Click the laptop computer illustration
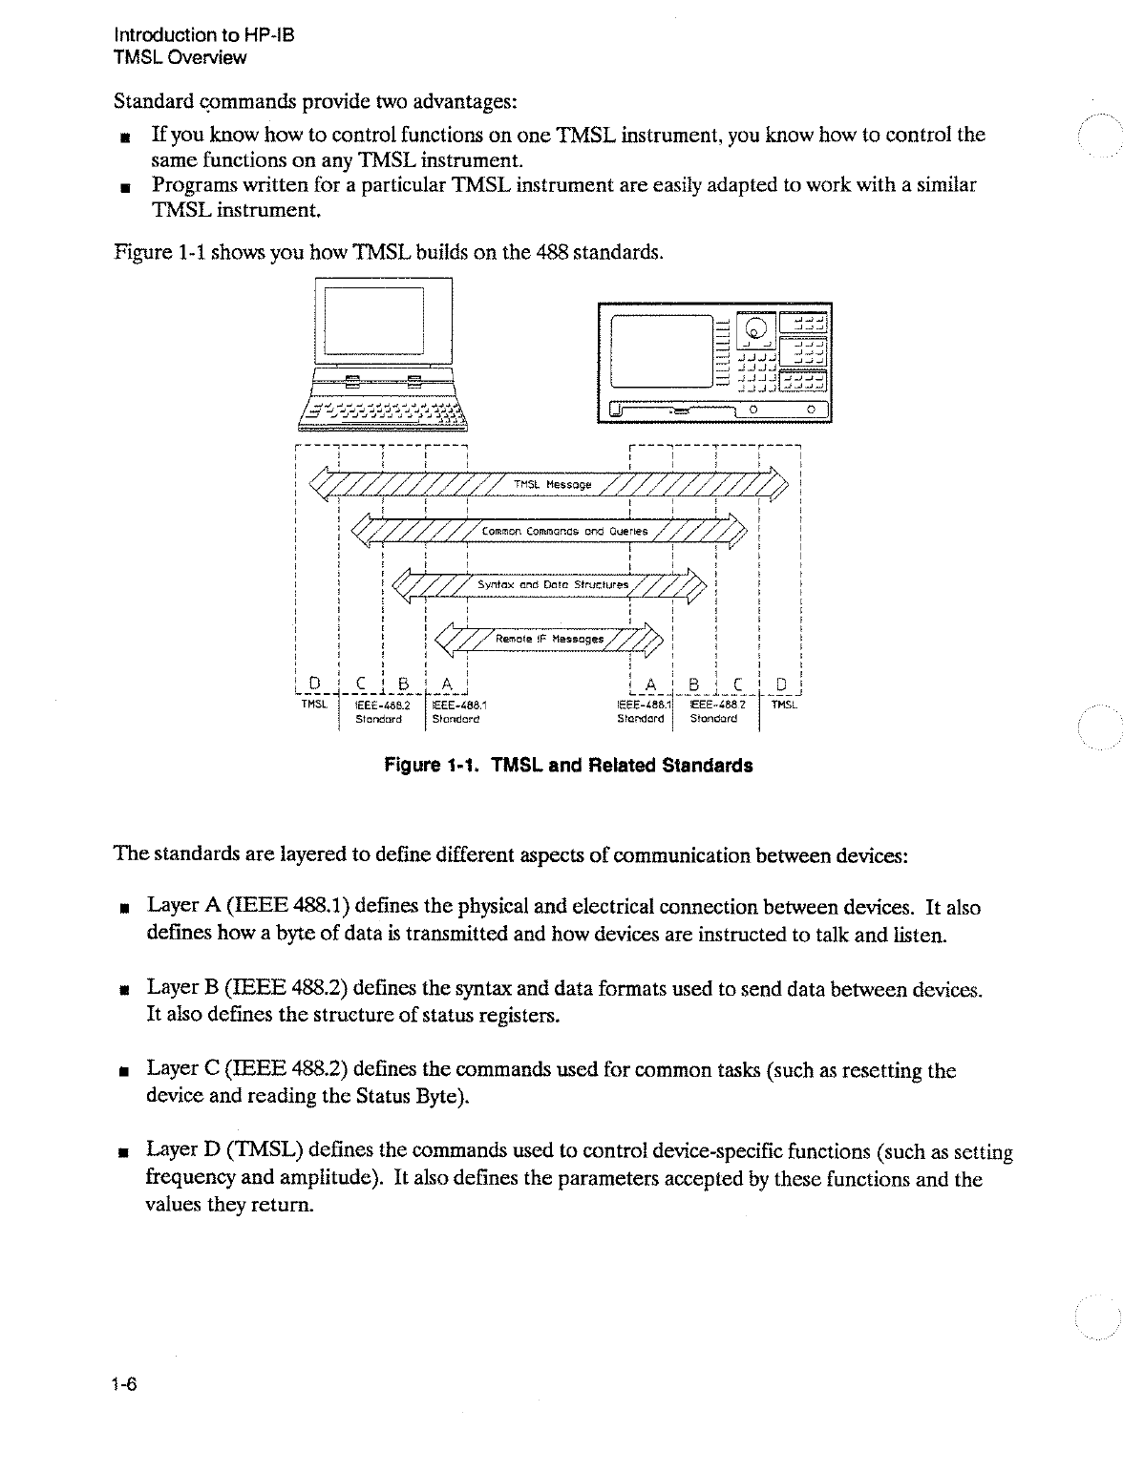(x=383, y=354)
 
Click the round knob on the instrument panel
(x=756, y=329)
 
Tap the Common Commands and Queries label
(x=564, y=531)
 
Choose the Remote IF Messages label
(x=549, y=639)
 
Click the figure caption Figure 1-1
(x=567, y=766)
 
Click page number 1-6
(x=125, y=1385)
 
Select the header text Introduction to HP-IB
(x=204, y=35)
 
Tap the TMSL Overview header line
(x=180, y=57)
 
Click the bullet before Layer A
(x=124, y=908)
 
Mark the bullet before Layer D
(x=124, y=1152)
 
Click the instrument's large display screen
(x=663, y=350)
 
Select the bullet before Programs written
(x=124, y=184)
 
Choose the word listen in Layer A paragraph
(x=920, y=934)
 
